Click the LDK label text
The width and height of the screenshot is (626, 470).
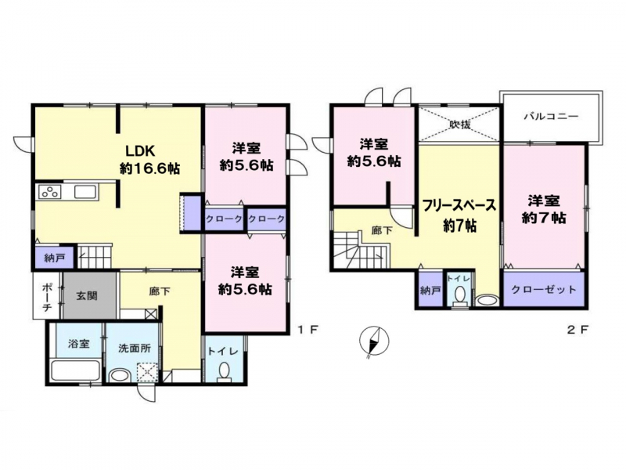(140, 151)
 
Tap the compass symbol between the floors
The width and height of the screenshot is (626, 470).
(374, 342)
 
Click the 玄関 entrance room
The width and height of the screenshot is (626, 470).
(89, 295)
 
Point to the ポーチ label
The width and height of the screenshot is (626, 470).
(46, 296)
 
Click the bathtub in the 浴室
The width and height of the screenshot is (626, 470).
(75, 371)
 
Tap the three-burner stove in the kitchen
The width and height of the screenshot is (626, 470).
(49, 192)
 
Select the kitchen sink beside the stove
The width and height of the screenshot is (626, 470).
(85, 192)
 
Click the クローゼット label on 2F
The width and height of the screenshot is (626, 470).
(544, 289)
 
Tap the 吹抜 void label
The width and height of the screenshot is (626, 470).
(459, 125)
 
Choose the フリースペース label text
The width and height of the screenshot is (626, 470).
(459, 205)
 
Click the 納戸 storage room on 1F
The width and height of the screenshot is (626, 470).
(54, 258)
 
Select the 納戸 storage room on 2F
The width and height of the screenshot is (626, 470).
(430, 290)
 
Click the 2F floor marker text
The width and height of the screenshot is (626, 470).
(577, 330)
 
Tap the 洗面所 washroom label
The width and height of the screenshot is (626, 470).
(135, 348)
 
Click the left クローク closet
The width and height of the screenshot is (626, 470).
(224, 219)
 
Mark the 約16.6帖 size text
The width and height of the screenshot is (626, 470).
(149, 168)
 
